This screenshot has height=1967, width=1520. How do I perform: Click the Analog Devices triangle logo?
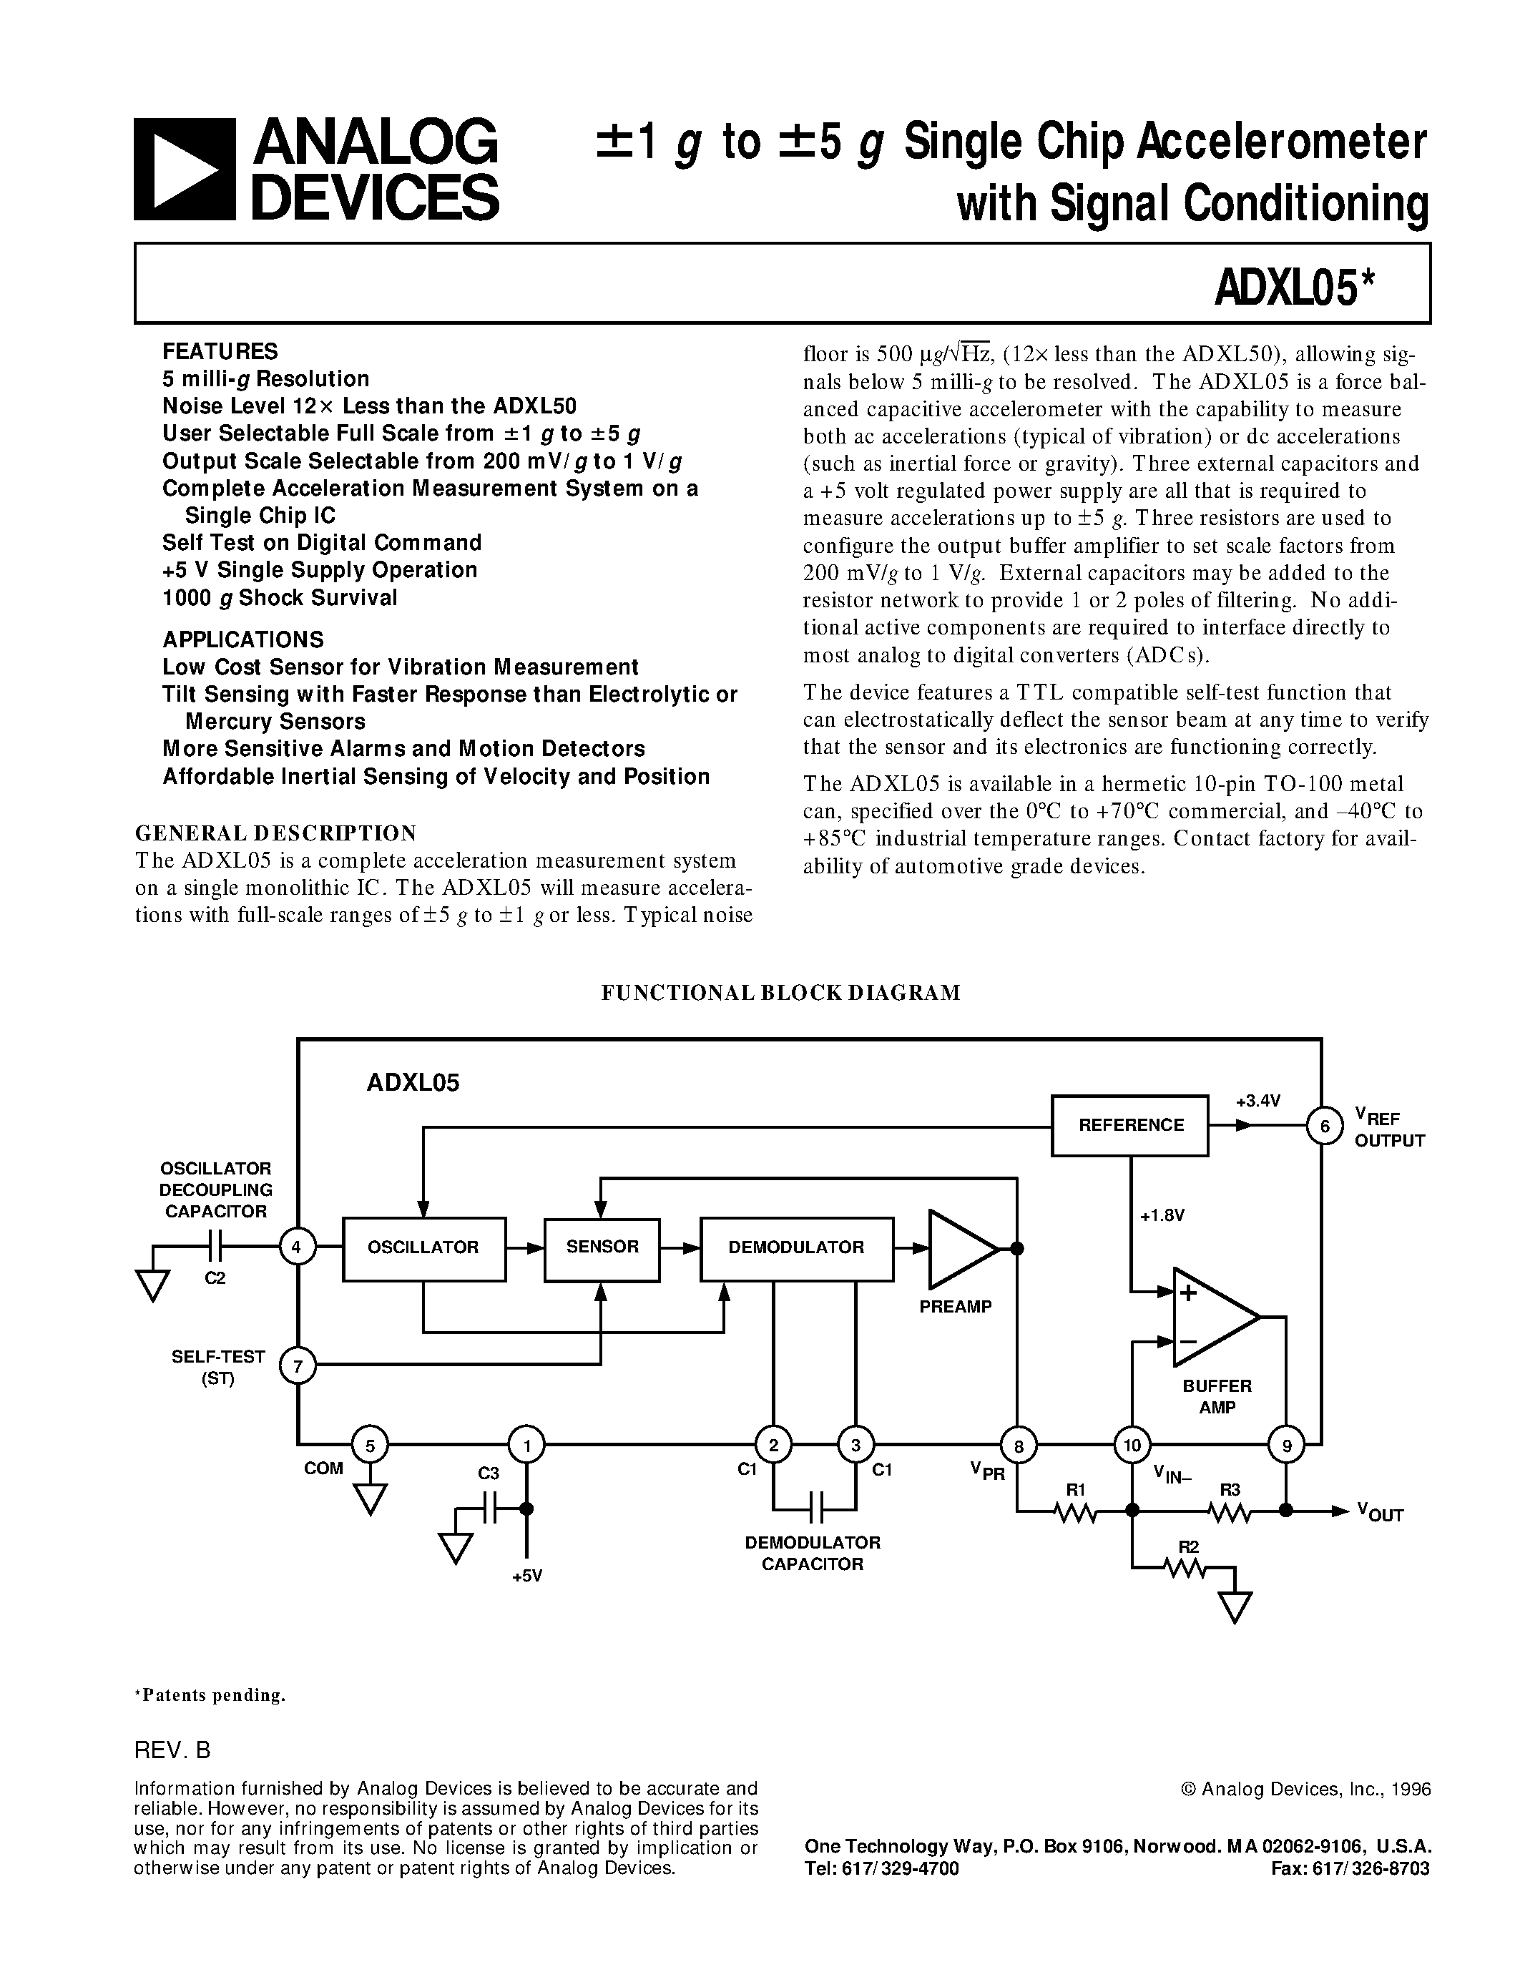(x=185, y=170)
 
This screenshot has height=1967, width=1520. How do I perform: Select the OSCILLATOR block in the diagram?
(x=423, y=1248)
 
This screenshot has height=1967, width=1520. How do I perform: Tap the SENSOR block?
(x=602, y=1248)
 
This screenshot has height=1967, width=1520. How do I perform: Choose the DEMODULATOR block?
(x=796, y=1248)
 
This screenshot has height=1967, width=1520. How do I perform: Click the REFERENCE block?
(x=1130, y=1125)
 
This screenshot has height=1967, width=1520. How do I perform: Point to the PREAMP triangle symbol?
(x=959, y=1249)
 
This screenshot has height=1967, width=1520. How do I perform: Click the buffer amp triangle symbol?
(x=1212, y=1317)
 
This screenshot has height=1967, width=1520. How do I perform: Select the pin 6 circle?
(x=1325, y=1126)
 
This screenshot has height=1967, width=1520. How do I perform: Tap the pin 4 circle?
(x=297, y=1247)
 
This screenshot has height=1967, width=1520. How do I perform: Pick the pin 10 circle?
(x=1132, y=1446)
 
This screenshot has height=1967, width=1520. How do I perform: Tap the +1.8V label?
(x=1162, y=1216)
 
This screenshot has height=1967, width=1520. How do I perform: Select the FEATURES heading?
(x=220, y=351)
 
